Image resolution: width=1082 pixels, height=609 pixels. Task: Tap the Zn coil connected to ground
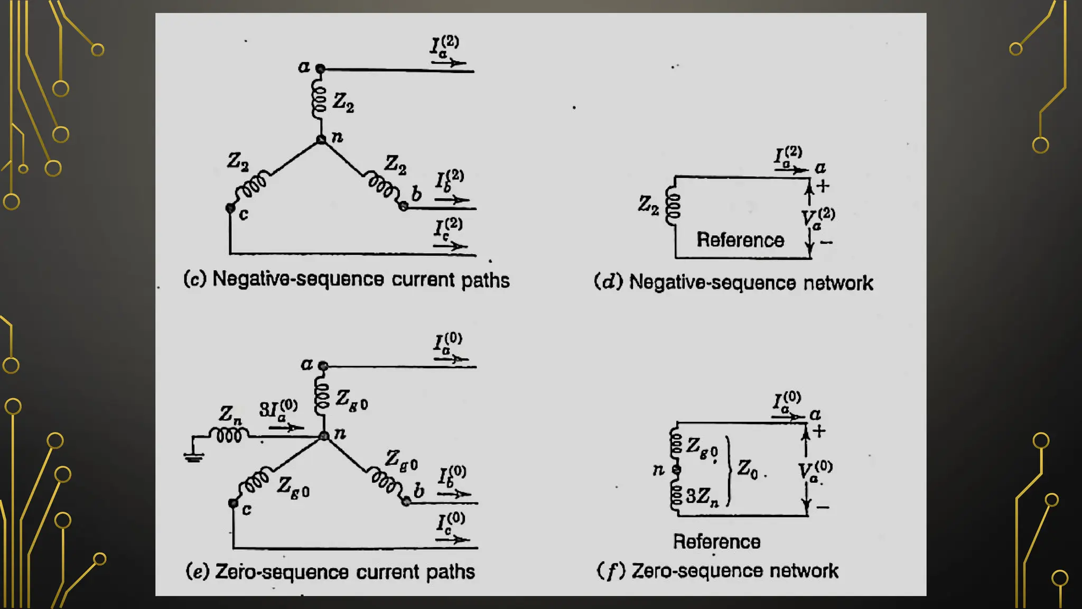pyautogui.click(x=229, y=435)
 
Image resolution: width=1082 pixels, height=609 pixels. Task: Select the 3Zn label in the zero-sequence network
pyautogui.click(x=702, y=496)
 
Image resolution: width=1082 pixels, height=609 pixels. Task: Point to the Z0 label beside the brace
pyautogui.click(x=748, y=468)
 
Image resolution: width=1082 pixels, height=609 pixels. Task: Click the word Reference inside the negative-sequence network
pyautogui.click(x=740, y=240)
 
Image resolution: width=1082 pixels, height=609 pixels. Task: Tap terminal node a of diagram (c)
pyautogui.click(x=320, y=69)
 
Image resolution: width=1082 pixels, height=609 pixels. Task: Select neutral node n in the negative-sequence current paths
pyautogui.click(x=321, y=140)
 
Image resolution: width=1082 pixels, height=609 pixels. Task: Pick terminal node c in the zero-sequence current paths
pyautogui.click(x=233, y=503)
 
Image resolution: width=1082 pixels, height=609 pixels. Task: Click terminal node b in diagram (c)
pyautogui.click(x=403, y=207)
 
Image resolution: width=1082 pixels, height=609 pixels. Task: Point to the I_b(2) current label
pyautogui.click(x=449, y=181)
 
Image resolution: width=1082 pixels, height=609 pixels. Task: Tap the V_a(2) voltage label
pyautogui.click(x=817, y=218)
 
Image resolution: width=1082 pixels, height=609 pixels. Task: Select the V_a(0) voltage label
pyautogui.click(x=815, y=471)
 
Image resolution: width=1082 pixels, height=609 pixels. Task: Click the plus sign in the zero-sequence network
pyautogui.click(x=819, y=431)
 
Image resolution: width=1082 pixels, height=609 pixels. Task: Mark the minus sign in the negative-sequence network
pyautogui.click(x=826, y=243)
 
